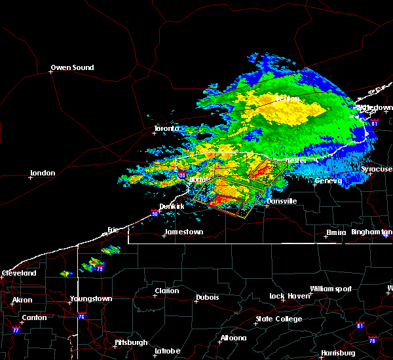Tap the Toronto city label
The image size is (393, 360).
(x=166, y=128)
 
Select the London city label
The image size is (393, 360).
(x=43, y=173)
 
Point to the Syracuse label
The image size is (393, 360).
(x=377, y=169)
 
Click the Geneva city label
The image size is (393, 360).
(x=328, y=181)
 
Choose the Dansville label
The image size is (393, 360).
(x=282, y=201)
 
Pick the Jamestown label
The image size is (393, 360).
(x=183, y=232)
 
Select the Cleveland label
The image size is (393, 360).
(x=18, y=273)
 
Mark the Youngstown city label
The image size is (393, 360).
(x=91, y=298)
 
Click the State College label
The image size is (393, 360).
(x=279, y=319)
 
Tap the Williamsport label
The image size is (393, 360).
(x=331, y=289)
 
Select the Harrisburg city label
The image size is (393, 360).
(x=338, y=353)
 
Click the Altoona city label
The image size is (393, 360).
(x=233, y=338)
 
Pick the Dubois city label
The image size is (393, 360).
(x=207, y=298)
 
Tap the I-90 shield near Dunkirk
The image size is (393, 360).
(x=155, y=213)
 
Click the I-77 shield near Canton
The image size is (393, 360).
(x=15, y=331)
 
